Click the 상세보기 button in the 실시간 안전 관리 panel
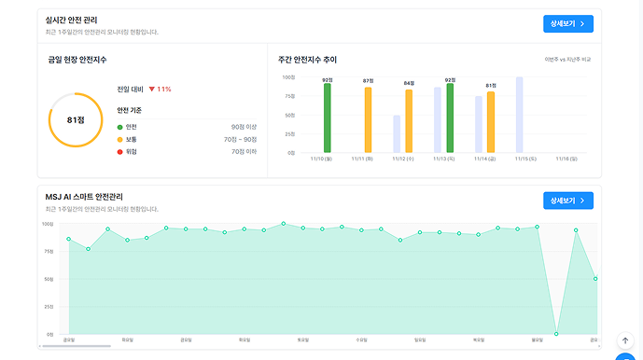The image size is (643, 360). click(x=567, y=24)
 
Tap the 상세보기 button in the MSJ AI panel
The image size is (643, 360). click(x=567, y=201)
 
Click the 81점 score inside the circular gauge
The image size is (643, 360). click(x=76, y=120)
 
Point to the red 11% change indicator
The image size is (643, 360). click(x=160, y=90)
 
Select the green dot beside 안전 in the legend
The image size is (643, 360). click(x=120, y=126)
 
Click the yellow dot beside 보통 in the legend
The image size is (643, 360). click(x=120, y=139)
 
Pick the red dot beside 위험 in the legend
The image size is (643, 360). click(x=120, y=151)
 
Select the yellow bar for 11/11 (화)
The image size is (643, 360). click(x=368, y=119)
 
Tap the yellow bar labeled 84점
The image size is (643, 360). click(x=409, y=121)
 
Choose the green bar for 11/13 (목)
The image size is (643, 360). click(x=450, y=118)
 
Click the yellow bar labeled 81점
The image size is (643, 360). click(x=491, y=122)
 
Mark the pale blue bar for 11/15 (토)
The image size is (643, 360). click(x=520, y=115)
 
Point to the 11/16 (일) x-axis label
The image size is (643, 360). click(x=567, y=159)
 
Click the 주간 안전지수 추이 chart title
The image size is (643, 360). click(x=307, y=60)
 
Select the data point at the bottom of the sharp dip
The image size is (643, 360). click(x=556, y=334)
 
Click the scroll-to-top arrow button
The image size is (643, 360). click(x=625, y=341)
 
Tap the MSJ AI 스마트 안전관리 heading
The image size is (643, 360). click(x=97, y=196)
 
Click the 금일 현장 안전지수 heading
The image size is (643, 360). click(x=77, y=60)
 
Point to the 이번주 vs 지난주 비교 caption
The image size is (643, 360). click(x=568, y=60)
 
